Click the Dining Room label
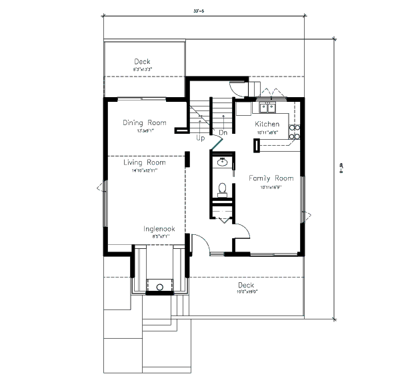click(145, 122)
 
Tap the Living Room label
click(145, 162)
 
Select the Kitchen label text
click(267, 124)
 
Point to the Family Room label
click(271, 178)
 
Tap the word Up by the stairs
click(200, 138)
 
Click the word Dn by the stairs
click(224, 132)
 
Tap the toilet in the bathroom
click(223, 188)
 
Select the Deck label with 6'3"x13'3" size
click(142, 62)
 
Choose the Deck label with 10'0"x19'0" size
click(246, 285)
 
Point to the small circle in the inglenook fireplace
click(159, 288)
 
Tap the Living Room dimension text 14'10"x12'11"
click(144, 171)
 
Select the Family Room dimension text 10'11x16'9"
click(271, 187)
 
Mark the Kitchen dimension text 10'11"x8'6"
click(267, 132)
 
